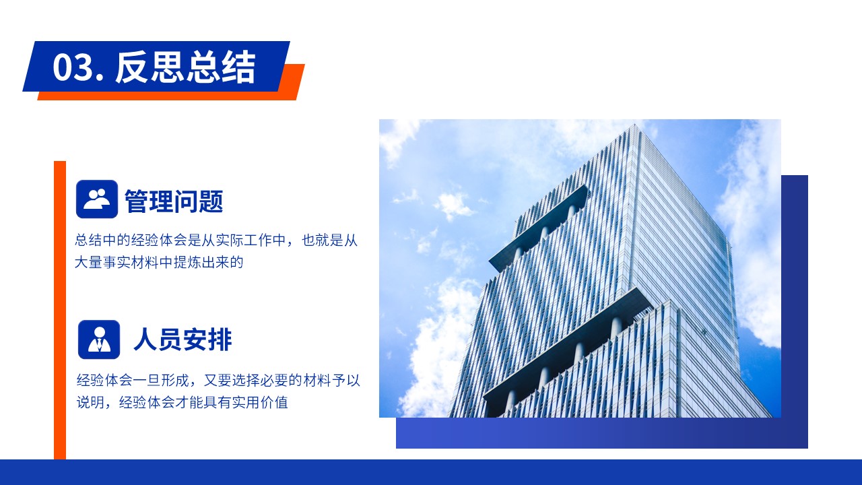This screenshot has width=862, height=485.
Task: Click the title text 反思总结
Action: tap(185, 67)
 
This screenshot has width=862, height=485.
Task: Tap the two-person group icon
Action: tap(97, 199)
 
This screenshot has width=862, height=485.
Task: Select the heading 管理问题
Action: tap(174, 201)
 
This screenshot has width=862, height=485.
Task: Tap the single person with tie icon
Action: tap(99, 339)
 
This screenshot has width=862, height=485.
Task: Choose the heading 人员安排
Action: tap(183, 339)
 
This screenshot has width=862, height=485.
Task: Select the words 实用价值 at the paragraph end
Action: tap(260, 403)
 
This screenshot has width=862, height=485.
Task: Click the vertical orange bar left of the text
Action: tap(60, 310)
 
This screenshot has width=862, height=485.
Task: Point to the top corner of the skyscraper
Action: tap(634, 125)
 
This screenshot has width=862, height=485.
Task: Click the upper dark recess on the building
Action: tap(539, 227)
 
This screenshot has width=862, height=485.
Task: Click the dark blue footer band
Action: tap(431, 472)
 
